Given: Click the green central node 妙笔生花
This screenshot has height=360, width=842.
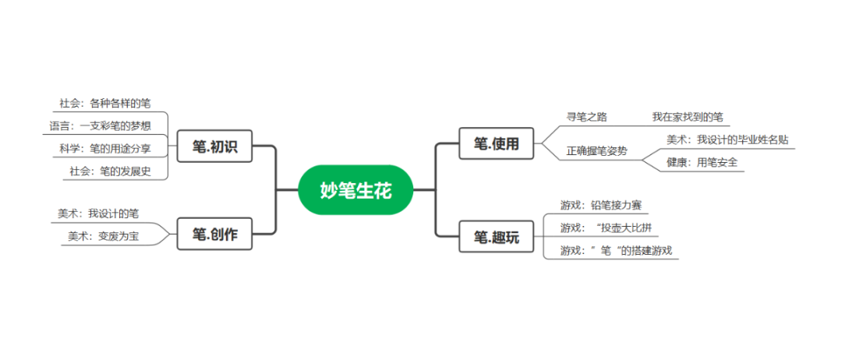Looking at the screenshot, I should point(355,189).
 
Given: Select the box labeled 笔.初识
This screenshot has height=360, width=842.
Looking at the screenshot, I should point(214,146).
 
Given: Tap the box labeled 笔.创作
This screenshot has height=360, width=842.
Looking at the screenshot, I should point(214,234).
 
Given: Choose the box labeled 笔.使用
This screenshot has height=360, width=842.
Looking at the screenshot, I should point(497,143).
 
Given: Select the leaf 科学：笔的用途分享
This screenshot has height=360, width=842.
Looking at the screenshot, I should point(105,147).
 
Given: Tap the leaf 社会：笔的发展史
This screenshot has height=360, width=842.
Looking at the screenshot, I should point(110,171).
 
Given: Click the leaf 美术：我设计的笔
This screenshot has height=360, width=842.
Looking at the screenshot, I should point(98,213).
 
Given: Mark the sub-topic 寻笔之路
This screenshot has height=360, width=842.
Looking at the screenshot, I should point(586,117).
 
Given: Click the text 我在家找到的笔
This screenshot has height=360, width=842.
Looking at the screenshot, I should point(688,117).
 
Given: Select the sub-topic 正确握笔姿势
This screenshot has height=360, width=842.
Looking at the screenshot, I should point(596,151).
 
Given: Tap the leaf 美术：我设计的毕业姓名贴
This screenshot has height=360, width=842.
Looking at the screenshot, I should point(727,139).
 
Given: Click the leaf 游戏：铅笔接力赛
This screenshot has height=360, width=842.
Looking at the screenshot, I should point(600,206).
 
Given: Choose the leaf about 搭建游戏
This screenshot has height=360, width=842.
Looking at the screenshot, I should point(615,250).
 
